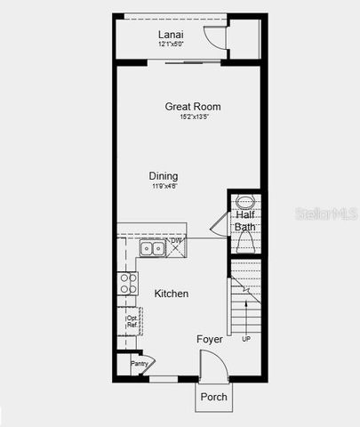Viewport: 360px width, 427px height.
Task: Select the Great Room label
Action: [193, 107]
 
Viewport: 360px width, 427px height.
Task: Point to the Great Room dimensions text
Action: [193, 117]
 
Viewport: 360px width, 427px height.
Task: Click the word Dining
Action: [164, 176]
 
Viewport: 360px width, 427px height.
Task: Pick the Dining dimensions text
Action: [164, 186]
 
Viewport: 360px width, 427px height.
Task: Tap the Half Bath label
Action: [245, 221]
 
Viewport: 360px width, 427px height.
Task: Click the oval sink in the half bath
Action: [245, 201]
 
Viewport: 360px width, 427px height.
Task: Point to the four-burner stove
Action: [128, 283]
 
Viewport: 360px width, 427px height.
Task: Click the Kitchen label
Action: [171, 294]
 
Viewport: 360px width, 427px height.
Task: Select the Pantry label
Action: [139, 363]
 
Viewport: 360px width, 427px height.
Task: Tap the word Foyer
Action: [210, 339]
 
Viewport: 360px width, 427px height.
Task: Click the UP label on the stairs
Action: [246, 340]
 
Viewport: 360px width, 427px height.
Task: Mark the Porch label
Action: [213, 397]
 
